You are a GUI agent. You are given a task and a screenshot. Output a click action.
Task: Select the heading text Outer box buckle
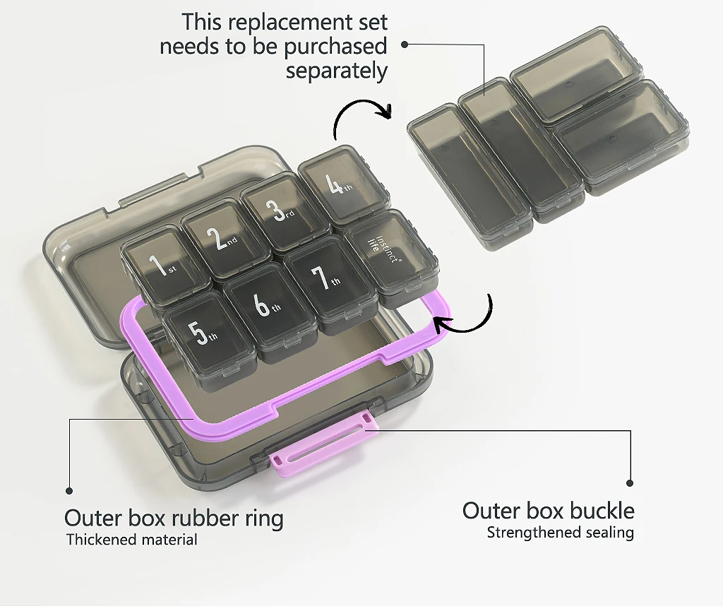pyautogui.click(x=548, y=511)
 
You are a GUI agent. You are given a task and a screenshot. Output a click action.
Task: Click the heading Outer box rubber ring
pyautogui.click(x=174, y=518)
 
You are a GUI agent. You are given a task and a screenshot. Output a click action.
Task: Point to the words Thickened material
pyautogui.click(x=132, y=540)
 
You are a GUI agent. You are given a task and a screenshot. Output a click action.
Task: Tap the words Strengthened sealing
pyautogui.click(x=560, y=533)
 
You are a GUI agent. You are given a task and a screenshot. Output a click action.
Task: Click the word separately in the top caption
pyautogui.click(x=336, y=71)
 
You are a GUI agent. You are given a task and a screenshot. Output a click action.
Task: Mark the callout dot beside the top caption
pyautogui.click(x=405, y=44)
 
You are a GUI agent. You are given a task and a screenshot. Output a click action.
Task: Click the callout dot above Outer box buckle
pyautogui.click(x=630, y=483)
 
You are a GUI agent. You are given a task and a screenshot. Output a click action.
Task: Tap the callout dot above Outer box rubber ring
pyautogui.click(x=69, y=490)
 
